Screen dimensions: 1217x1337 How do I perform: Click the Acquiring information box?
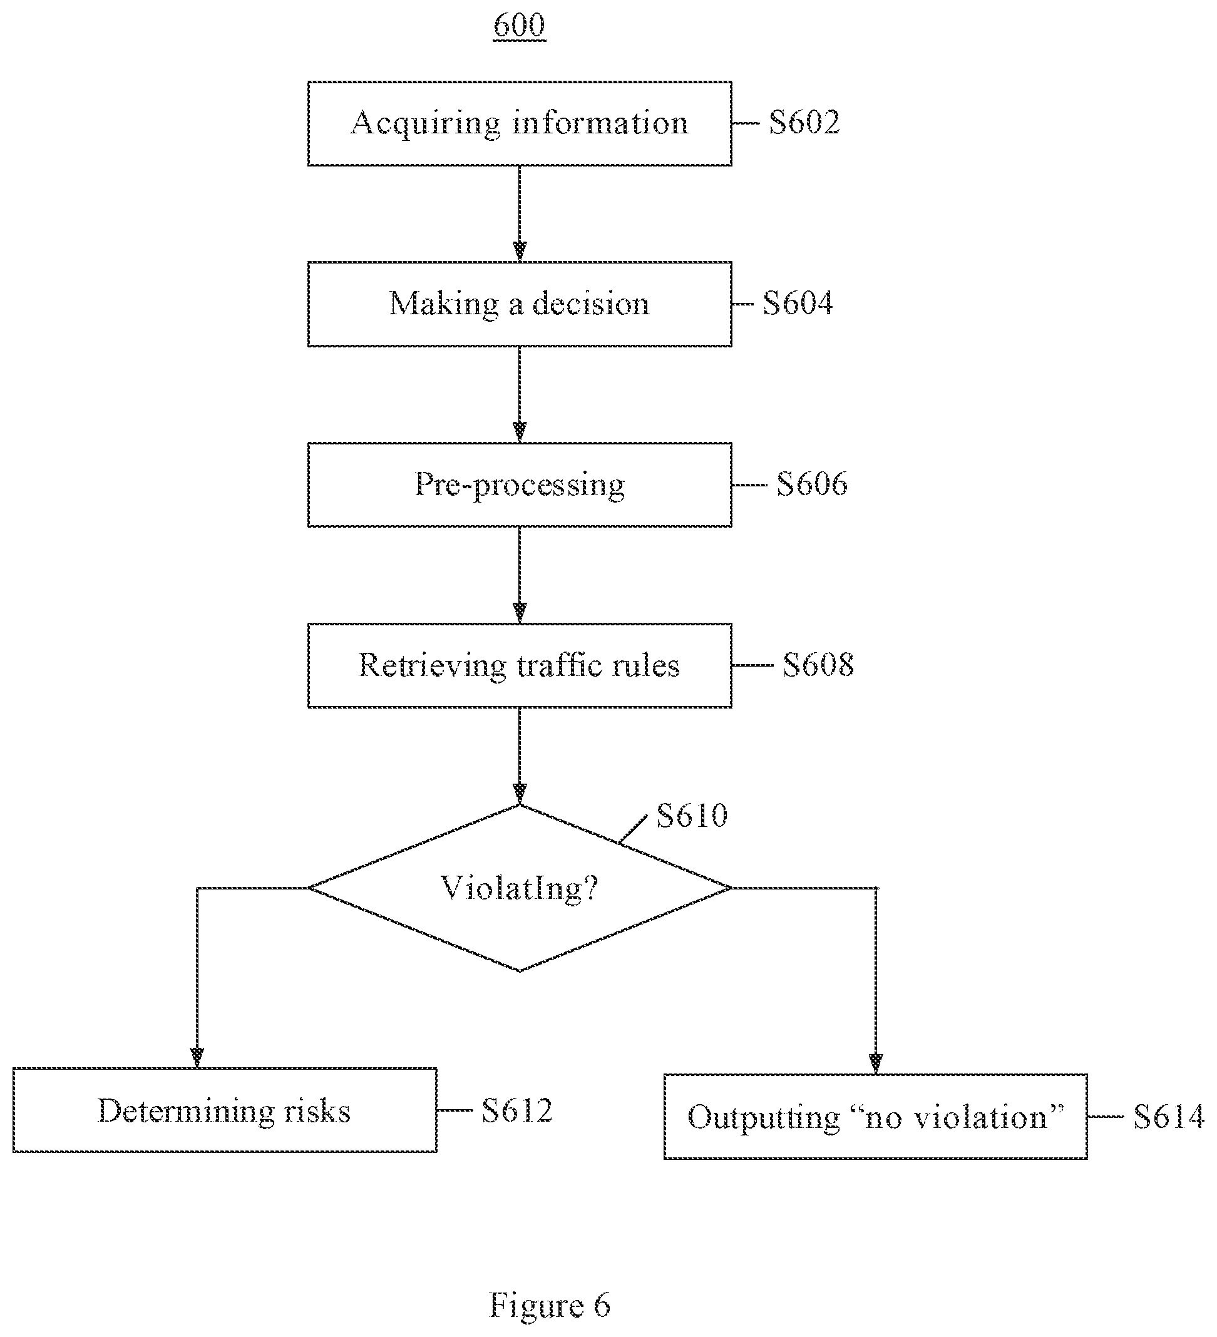[x=520, y=123]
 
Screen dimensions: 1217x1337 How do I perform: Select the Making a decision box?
[x=520, y=304]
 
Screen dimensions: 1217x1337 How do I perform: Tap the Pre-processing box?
[x=520, y=485]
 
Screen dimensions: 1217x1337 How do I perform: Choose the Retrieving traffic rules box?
[x=520, y=665]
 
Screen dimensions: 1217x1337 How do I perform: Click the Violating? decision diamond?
[x=520, y=888]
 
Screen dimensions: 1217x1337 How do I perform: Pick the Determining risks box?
[x=225, y=1110]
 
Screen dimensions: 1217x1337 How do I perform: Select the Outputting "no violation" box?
[x=875, y=1117]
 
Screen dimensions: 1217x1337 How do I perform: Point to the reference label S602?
[x=804, y=122]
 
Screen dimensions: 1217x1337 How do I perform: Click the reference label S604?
[x=797, y=303]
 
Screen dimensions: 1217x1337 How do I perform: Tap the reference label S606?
[x=812, y=484]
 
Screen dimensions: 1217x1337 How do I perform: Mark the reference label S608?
[x=818, y=665]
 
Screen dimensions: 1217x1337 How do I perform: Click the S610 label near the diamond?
[x=692, y=815]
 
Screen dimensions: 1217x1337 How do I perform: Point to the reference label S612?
[x=517, y=1110]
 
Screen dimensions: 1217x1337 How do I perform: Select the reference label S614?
[x=1169, y=1117]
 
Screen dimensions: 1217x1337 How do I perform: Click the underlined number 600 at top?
[x=520, y=25]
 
